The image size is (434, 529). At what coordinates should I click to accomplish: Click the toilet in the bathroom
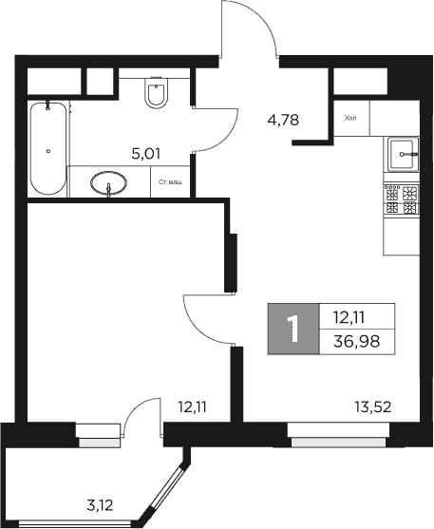pyautogui.click(x=157, y=94)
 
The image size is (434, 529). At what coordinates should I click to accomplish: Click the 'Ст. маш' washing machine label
pyautogui.click(x=170, y=181)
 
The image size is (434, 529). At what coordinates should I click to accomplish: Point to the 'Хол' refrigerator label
pyautogui.click(x=349, y=118)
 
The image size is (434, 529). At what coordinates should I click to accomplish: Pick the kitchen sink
pyautogui.click(x=403, y=152)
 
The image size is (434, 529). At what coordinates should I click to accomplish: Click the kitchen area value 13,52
pyautogui.click(x=371, y=408)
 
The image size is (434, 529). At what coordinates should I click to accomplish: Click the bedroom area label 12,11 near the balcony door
pyautogui.click(x=193, y=408)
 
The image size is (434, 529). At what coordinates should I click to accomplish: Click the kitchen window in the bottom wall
pyautogui.click(x=338, y=440)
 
